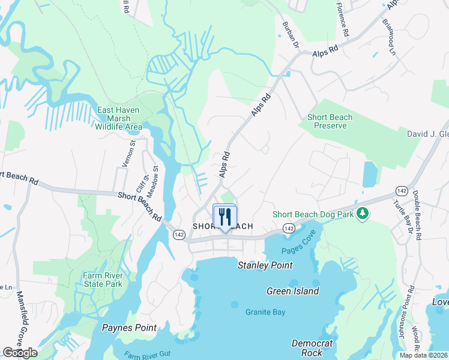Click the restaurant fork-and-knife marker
click(225, 217)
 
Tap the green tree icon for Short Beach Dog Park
click(362, 213)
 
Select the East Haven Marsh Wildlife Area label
click(118, 118)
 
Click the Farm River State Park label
click(102, 280)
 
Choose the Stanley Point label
click(265, 265)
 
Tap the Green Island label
click(292, 291)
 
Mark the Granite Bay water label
click(265, 312)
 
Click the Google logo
click(20, 352)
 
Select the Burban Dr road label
click(290, 34)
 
